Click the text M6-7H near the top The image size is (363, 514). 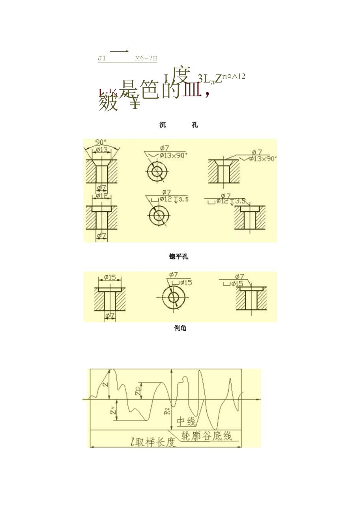click(146, 58)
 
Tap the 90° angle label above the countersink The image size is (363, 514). click(101, 142)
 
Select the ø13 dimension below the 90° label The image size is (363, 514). click(102, 149)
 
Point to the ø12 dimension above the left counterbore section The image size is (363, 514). click(101, 195)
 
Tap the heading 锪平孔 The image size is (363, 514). click(179, 257)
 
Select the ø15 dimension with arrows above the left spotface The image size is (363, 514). click(110, 277)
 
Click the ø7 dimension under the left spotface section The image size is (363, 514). click(110, 315)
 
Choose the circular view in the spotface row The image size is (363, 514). click(172, 297)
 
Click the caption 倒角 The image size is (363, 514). click(180, 328)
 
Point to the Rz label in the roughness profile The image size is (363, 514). click(167, 411)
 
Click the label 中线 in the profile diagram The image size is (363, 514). click(186, 422)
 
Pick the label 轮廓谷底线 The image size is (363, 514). click(206, 436)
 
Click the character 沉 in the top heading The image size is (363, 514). click(163, 125)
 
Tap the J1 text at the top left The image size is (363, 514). click(102, 58)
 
